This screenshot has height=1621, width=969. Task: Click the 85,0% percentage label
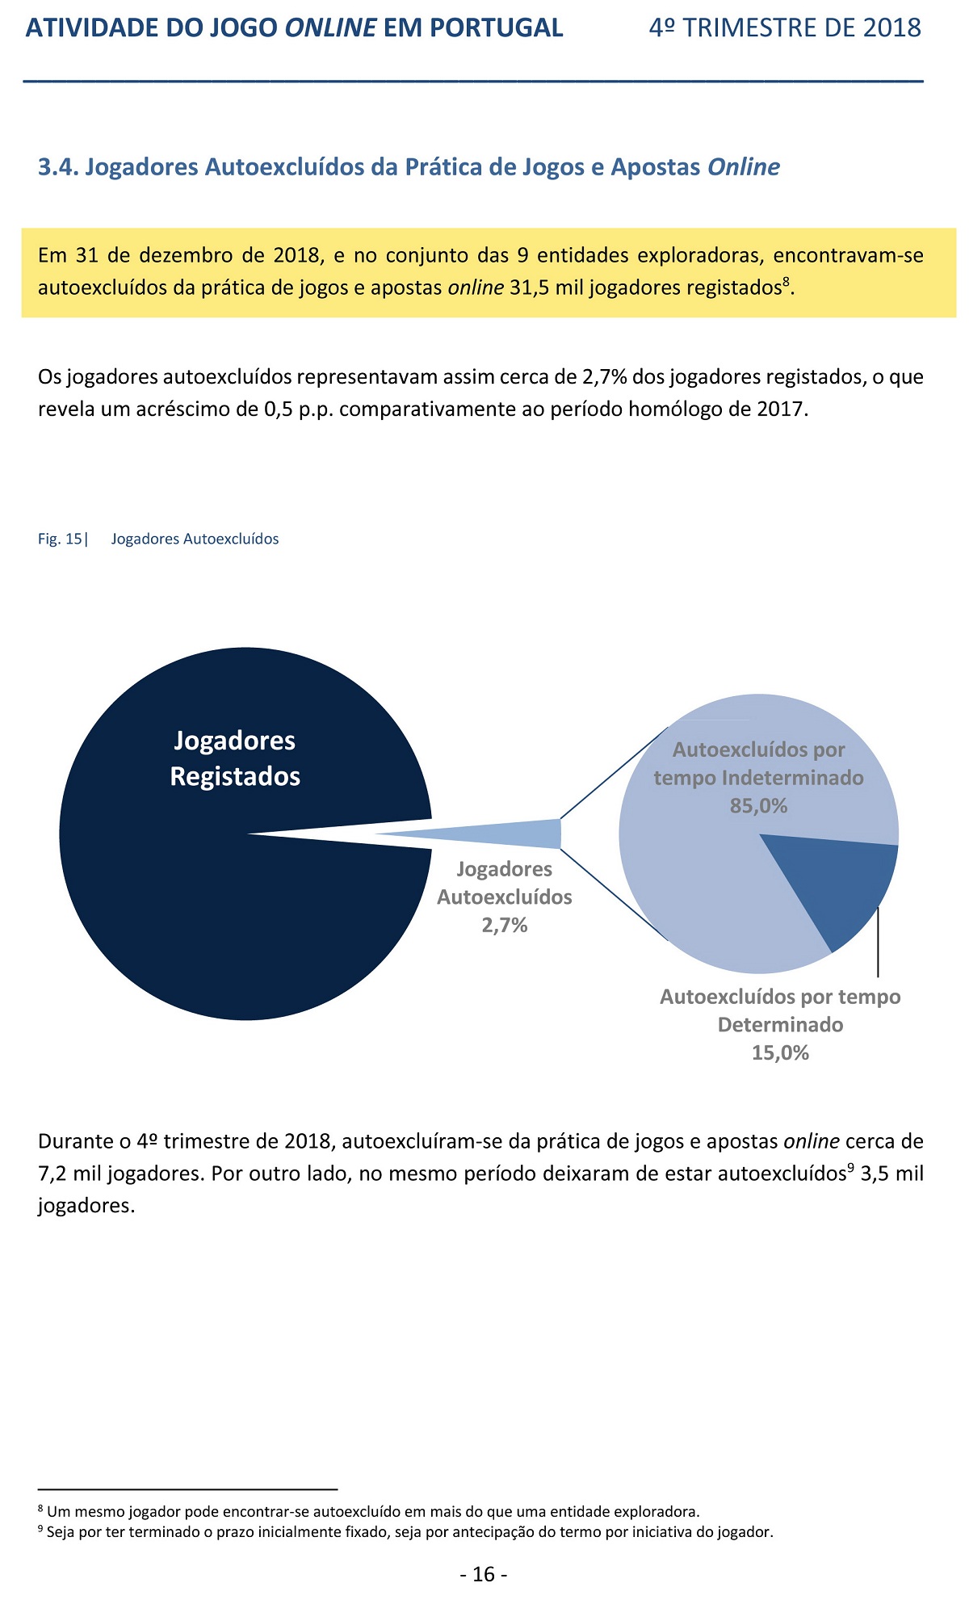[758, 805]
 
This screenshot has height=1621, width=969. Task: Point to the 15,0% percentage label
[780, 1052]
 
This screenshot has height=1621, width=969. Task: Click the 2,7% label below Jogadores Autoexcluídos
[505, 925]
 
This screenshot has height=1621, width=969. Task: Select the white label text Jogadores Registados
[235, 758]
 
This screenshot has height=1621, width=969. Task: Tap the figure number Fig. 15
[60, 539]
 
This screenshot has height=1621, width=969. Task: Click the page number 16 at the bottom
[484, 1574]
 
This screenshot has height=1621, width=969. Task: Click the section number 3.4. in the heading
[58, 167]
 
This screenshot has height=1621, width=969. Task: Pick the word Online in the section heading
[744, 167]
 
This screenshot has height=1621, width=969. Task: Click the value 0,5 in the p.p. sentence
[279, 409]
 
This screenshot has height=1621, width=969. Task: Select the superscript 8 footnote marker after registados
[786, 280]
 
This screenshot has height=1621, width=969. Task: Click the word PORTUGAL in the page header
[497, 28]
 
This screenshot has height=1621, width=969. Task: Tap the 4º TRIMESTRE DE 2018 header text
[785, 28]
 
